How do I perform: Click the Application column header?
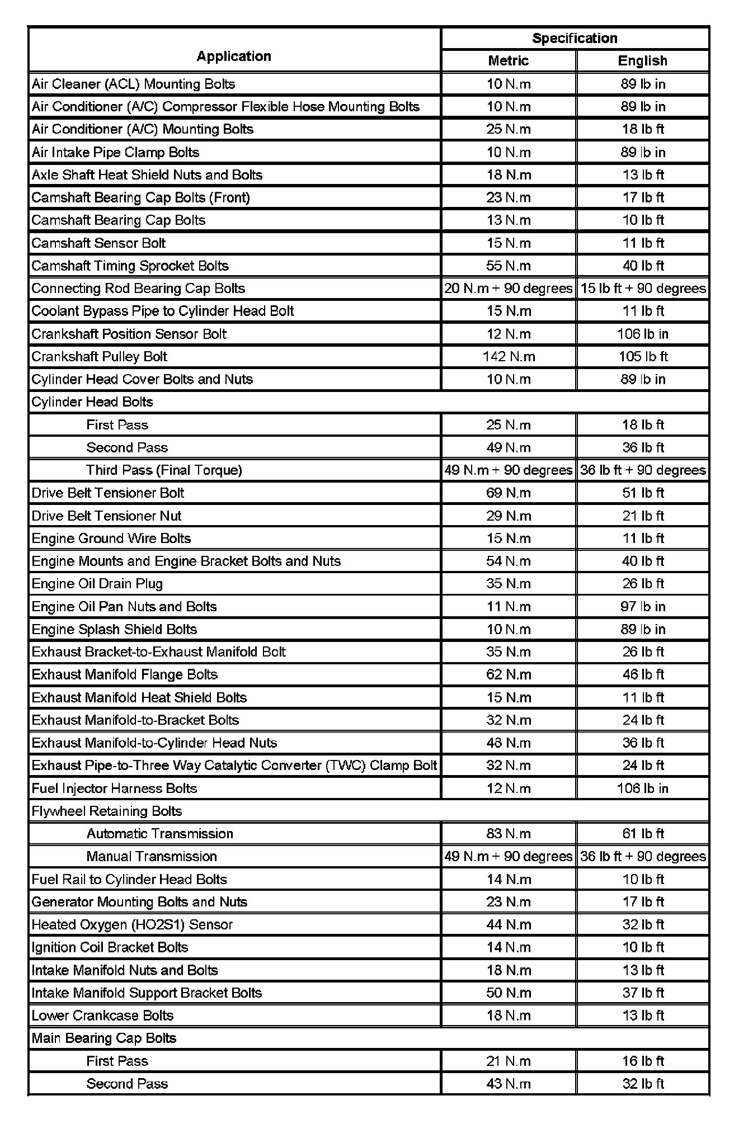[234, 56]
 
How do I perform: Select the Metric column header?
[508, 60]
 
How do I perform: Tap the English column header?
[642, 60]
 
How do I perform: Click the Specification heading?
[575, 38]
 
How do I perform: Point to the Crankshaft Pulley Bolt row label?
[100, 356]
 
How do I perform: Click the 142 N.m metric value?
[509, 356]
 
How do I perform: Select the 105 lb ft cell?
[643, 356]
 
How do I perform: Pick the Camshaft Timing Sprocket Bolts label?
[130, 266]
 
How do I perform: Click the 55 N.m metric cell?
[509, 266]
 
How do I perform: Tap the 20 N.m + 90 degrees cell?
[509, 289]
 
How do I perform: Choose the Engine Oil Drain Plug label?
[97, 584]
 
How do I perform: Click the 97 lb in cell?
[643, 607]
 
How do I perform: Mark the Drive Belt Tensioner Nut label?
[106, 516]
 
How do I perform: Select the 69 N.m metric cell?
[509, 493]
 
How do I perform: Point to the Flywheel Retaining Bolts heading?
[107, 811]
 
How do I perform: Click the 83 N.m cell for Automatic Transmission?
[509, 834]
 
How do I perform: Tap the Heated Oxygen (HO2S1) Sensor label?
[132, 924]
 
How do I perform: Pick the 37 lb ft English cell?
[643, 993]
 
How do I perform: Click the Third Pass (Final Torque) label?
[164, 470]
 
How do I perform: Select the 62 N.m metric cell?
[509, 674]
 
